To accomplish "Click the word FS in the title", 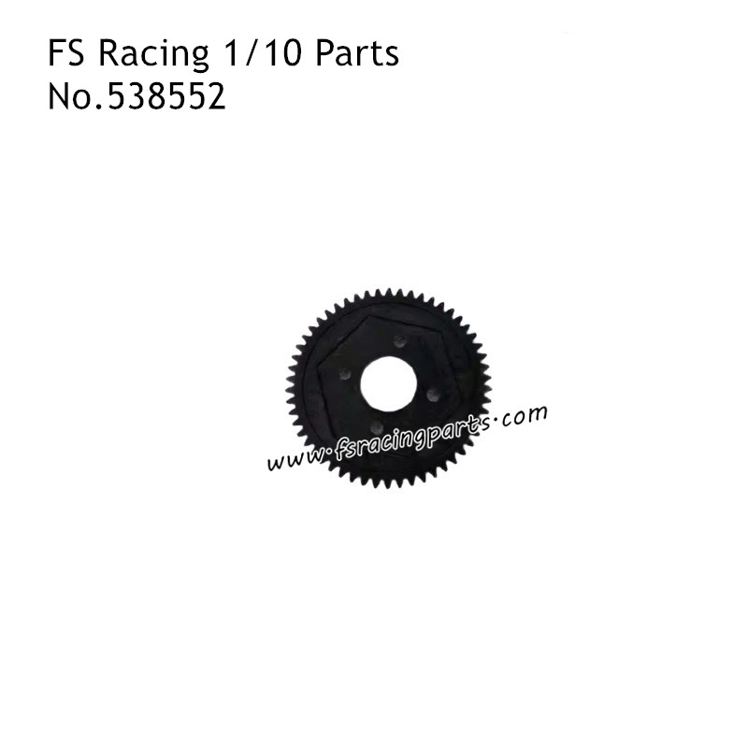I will (x=65, y=55).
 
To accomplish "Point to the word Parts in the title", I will (x=357, y=55).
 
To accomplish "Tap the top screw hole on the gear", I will (x=399, y=340).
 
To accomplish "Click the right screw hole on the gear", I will (x=432, y=394).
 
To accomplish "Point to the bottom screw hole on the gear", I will (x=376, y=427).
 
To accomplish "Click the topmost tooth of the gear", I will (x=388, y=294).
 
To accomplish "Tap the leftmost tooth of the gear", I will (x=292, y=389).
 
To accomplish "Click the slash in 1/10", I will (x=257, y=55).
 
